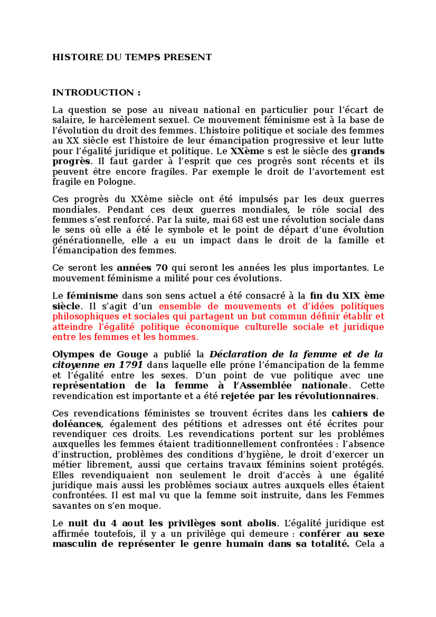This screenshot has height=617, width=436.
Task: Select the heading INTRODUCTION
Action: pyautogui.click(x=93, y=92)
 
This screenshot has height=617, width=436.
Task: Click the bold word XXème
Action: pyautogui.click(x=247, y=151)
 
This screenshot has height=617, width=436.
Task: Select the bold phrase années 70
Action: pyautogui.click(x=142, y=268)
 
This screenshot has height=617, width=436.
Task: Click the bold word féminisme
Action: pyautogui.click(x=92, y=296)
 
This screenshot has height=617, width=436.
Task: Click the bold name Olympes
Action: pyautogui.click(x=72, y=354)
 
